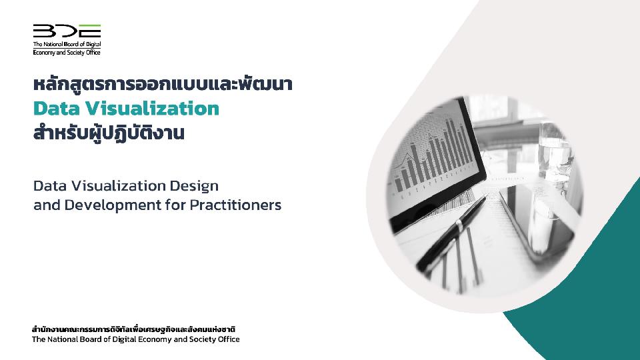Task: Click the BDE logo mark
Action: pos(67,31)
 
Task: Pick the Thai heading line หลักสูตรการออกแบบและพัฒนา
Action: pos(163,84)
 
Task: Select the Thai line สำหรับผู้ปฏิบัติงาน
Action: pos(109,133)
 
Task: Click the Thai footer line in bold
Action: pos(133,329)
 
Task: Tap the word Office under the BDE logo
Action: pos(93,52)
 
